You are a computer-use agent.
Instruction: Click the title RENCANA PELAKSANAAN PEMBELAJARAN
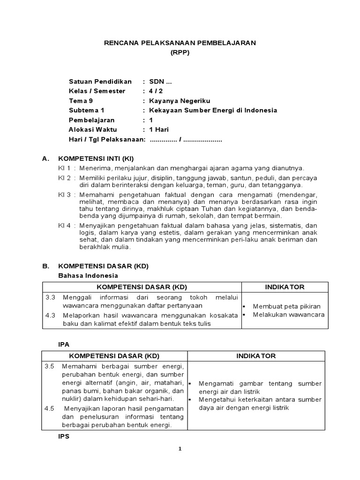[x=180, y=43]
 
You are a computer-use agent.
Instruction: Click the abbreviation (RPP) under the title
[x=180, y=52]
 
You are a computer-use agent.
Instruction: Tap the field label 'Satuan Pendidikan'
[x=100, y=82]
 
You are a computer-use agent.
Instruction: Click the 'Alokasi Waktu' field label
[x=93, y=130]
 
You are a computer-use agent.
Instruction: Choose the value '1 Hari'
[x=159, y=130]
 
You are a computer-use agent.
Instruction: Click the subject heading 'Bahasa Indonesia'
[x=88, y=275]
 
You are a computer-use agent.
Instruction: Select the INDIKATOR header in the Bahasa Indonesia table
[x=285, y=287]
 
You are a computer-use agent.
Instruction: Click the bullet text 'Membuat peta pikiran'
[x=284, y=306]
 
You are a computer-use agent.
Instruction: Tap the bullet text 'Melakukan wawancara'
[x=289, y=315]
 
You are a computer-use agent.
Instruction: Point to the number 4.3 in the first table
[x=50, y=315]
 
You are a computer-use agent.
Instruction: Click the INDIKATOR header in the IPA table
[x=256, y=356]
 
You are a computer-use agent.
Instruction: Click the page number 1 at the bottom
[x=180, y=449]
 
